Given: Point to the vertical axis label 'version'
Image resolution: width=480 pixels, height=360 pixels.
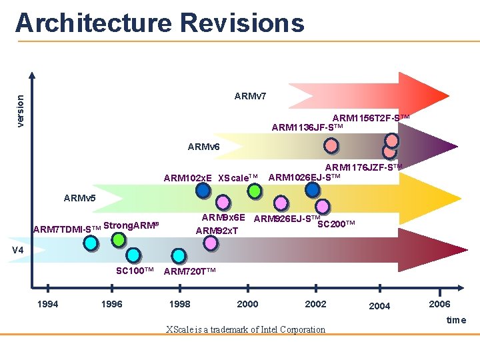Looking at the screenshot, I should (x=20, y=110).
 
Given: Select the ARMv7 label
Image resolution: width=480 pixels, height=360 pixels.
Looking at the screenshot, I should (x=250, y=96).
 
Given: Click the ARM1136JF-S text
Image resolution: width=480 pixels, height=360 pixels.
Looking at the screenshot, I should (x=307, y=127).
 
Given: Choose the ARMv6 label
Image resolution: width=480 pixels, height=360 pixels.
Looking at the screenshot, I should (x=203, y=147).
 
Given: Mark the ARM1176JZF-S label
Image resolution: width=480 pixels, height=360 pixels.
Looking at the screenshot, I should (x=363, y=167).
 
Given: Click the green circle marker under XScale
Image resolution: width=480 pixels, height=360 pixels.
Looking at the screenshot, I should (x=254, y=191).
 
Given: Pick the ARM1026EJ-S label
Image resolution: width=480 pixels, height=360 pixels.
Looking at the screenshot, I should (x=304, y=177).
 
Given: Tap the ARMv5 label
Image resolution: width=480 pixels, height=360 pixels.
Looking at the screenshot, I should (x=79, y=198).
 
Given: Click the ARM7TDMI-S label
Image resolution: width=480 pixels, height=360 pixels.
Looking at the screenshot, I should (x=67, y=229).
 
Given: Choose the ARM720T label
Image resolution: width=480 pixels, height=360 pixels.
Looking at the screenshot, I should (x=189, y=271).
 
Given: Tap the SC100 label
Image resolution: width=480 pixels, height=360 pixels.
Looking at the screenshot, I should (x=135, y=271).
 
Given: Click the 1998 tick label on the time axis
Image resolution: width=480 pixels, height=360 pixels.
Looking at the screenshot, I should (x=179, y=304).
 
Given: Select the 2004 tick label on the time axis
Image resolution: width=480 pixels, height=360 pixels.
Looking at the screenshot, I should (x=379, y=306).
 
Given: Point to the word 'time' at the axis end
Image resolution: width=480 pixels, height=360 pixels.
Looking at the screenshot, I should (x=456, y=320).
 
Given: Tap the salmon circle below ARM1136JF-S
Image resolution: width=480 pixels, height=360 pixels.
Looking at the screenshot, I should (x=331, y=145).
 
